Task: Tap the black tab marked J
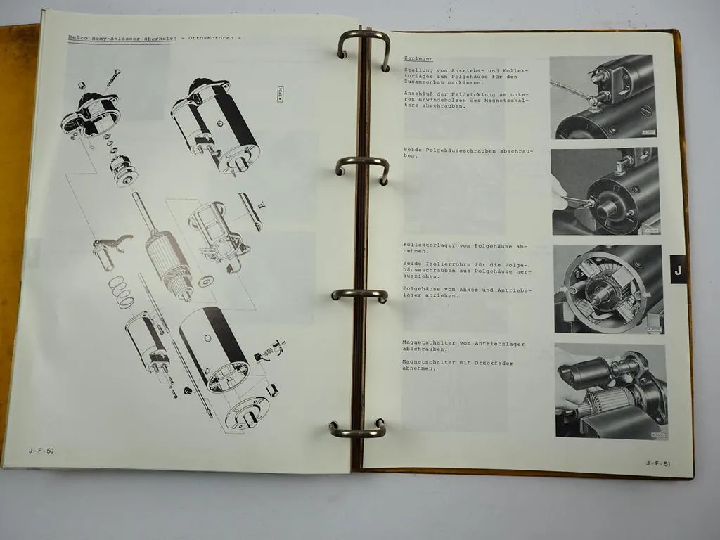click(x=677, y=269)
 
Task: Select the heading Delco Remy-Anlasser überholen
click(x=122, y=38)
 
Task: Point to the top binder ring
click(x=364, y=46)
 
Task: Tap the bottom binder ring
click(x=357, y=428)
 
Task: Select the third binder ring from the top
click(x=359, y=295)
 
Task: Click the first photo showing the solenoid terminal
click(x=602, y=96)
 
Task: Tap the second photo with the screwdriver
click(x=605, y=191)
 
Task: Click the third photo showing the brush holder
click(x=607, y=288)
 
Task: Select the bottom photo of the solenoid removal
click(x=610, y=390)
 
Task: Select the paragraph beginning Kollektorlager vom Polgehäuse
click(x=464, y=249)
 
